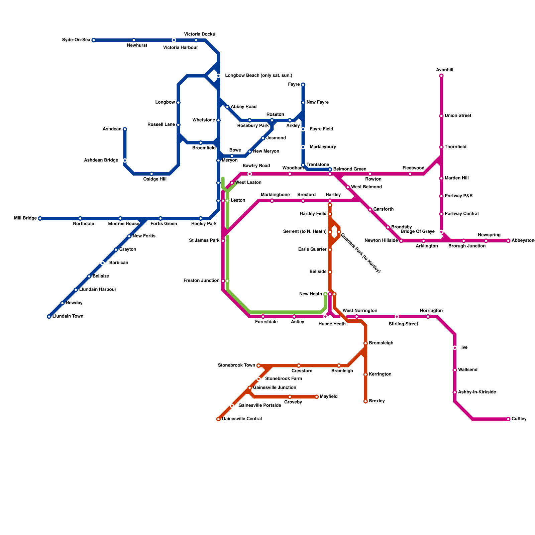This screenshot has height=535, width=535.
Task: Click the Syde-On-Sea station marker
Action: coord(94,40)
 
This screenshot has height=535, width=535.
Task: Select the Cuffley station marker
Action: coord(508,419)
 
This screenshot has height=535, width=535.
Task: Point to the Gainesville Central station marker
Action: coord(218,419)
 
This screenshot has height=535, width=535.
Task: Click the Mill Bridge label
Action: coord(25,218)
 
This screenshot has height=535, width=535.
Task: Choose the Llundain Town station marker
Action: coord(49,316)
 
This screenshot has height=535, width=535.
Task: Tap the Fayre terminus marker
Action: coord(303,85)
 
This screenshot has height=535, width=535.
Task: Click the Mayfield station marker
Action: coord(316,397)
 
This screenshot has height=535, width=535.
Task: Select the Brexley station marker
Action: coord(365,401)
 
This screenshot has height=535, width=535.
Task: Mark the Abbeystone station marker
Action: coord(508,241)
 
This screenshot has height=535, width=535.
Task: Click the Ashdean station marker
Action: coord(125,129)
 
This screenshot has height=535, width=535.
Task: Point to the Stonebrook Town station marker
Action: coord(258,365)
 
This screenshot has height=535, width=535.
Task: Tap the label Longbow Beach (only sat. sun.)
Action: coord(258,76)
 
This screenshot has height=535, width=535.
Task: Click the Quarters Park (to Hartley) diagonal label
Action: coord(360,253)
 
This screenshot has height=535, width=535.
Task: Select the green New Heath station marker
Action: coord(325,294)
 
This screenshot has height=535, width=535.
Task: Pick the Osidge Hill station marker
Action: coord(151,174)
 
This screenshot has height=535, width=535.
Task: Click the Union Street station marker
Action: coord(441,116)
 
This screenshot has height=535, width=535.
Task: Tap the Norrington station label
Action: coord(431,311)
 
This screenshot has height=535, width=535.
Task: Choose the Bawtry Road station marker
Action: coord(249,174)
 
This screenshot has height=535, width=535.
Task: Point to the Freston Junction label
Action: coord(201,281)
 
